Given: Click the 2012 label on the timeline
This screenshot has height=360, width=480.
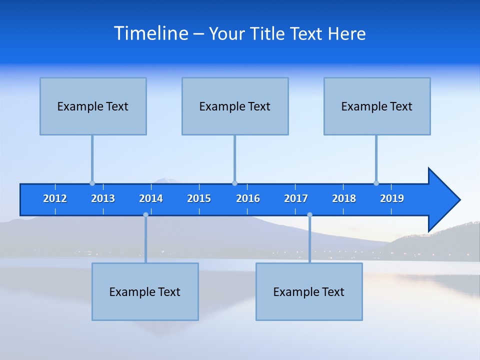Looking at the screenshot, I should pos(55,198).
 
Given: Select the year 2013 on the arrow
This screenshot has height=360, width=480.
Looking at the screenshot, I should pos(103,198).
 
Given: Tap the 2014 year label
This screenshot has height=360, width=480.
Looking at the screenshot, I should pos(151,198).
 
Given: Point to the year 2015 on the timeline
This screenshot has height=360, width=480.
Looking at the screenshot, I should pos(199,198).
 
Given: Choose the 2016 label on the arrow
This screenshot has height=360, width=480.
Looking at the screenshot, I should pos(248,198).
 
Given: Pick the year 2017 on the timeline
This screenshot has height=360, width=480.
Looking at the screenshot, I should pos(296,198).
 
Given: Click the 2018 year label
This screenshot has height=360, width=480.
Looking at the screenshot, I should pos(344,198).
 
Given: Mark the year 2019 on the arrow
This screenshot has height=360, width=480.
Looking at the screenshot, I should pos(392,198).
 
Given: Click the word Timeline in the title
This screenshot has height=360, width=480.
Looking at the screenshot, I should pos(151,33).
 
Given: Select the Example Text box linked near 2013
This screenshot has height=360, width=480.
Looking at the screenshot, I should pos(93,106).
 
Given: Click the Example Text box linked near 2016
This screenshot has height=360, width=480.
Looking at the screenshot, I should pos(235,106).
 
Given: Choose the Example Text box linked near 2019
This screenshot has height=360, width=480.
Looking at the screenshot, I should pos(377,106).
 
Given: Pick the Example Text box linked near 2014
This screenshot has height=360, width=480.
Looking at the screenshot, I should pos(145,291).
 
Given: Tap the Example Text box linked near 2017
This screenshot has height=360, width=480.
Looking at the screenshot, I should pos(309,291).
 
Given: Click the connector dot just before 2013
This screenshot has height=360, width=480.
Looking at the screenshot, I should pos(92,183).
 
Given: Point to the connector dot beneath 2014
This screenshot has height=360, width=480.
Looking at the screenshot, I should pos(145,215).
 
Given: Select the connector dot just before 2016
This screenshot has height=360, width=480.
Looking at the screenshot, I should pos(234,183).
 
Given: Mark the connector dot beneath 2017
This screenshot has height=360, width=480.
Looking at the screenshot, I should pos(309,215).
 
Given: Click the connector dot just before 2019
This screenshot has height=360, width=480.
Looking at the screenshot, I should pos(376,183).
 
